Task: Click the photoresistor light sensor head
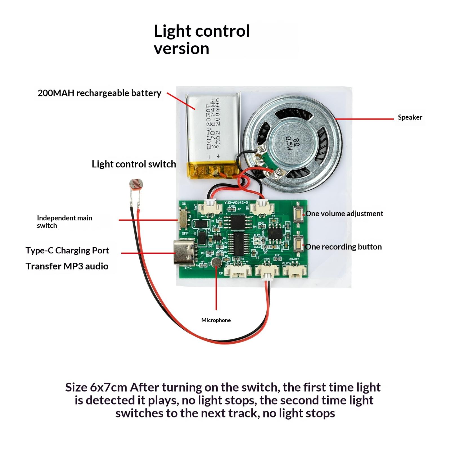point(135,184)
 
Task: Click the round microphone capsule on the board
point(216,263)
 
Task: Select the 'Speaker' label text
point(410,117)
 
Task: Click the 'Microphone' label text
point(216,320)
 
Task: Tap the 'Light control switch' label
point(134,164)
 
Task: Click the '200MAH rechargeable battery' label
point(99,93)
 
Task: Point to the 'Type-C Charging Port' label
point(67,250)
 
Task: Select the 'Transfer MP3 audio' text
point(67,266)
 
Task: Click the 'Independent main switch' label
point(64,222)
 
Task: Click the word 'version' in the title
point(181,48)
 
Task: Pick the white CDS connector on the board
point(267,271)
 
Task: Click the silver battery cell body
point(213,128)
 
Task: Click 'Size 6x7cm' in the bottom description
point(96,387)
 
